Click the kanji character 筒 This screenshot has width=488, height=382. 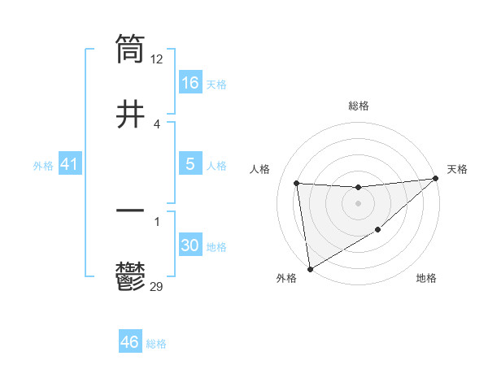point(130,48)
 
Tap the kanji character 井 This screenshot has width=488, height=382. point(130,114)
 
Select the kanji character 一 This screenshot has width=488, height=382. point(130,211)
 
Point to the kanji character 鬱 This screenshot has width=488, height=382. point(130,276)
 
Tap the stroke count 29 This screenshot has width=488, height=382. point(158,286)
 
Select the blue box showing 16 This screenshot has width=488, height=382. point(190,82)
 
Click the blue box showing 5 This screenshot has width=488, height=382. point(190,164)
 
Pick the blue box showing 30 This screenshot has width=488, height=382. point(190,245)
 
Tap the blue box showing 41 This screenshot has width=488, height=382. point(69,165)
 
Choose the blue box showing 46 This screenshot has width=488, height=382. point(130,342)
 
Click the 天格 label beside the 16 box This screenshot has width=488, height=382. point(216,84)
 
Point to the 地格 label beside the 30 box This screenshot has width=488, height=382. point(216,247)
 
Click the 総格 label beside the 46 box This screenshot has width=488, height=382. point(156,344)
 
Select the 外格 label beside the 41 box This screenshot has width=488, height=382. point(43,166)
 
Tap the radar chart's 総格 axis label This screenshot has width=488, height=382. point(358,106)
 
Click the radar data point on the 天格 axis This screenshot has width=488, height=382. point(435,179)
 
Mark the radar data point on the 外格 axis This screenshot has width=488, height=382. point(310,268)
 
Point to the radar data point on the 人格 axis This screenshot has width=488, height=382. point(297,183)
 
